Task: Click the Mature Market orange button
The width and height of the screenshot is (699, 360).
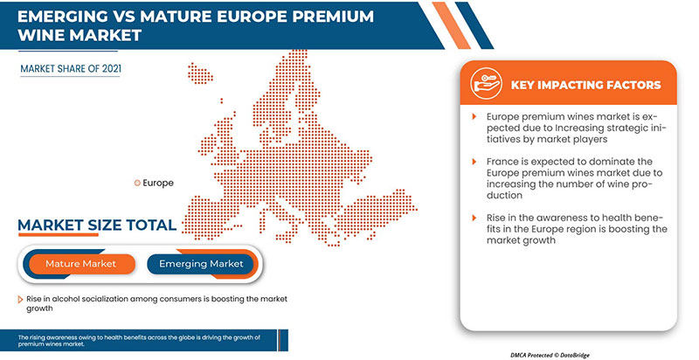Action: click(80, 263)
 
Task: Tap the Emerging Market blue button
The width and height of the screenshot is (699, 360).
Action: click(200, 263)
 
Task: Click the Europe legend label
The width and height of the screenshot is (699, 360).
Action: click(158, 183)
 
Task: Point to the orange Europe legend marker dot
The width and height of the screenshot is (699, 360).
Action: click(136, 183)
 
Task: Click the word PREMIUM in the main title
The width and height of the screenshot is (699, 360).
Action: click(296, 16)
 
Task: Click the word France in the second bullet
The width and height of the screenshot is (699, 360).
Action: click(503, 163)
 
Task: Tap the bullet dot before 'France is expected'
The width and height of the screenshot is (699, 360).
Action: click(477, 163)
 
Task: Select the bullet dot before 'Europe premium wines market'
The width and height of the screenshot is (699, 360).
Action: click(477, 116)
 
